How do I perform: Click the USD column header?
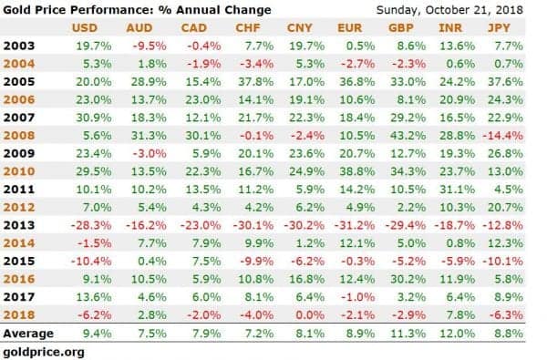(85, 28)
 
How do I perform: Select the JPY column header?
(499, 28)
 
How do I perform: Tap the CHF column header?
(248, 28)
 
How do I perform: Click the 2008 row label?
(19, 136)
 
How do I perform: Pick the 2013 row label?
(19, 225)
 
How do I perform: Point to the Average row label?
(28, 334)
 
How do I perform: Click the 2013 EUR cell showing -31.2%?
(355, 225)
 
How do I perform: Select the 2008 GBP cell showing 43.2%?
(408, 136)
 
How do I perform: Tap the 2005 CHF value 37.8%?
(255, 82)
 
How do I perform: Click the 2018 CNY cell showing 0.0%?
(310, 314)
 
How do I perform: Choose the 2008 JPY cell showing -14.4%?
(502, 136)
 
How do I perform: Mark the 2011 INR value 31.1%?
(457, 189)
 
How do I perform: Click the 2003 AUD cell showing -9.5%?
(150, 46)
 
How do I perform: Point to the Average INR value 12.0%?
(457, 334)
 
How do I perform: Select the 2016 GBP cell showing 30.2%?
(408, 279)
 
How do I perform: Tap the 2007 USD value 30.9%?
(94, 118)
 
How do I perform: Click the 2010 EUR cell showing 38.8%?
(357, 171)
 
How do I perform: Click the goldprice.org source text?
(44, 352)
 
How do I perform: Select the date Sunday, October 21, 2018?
(449, 10)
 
